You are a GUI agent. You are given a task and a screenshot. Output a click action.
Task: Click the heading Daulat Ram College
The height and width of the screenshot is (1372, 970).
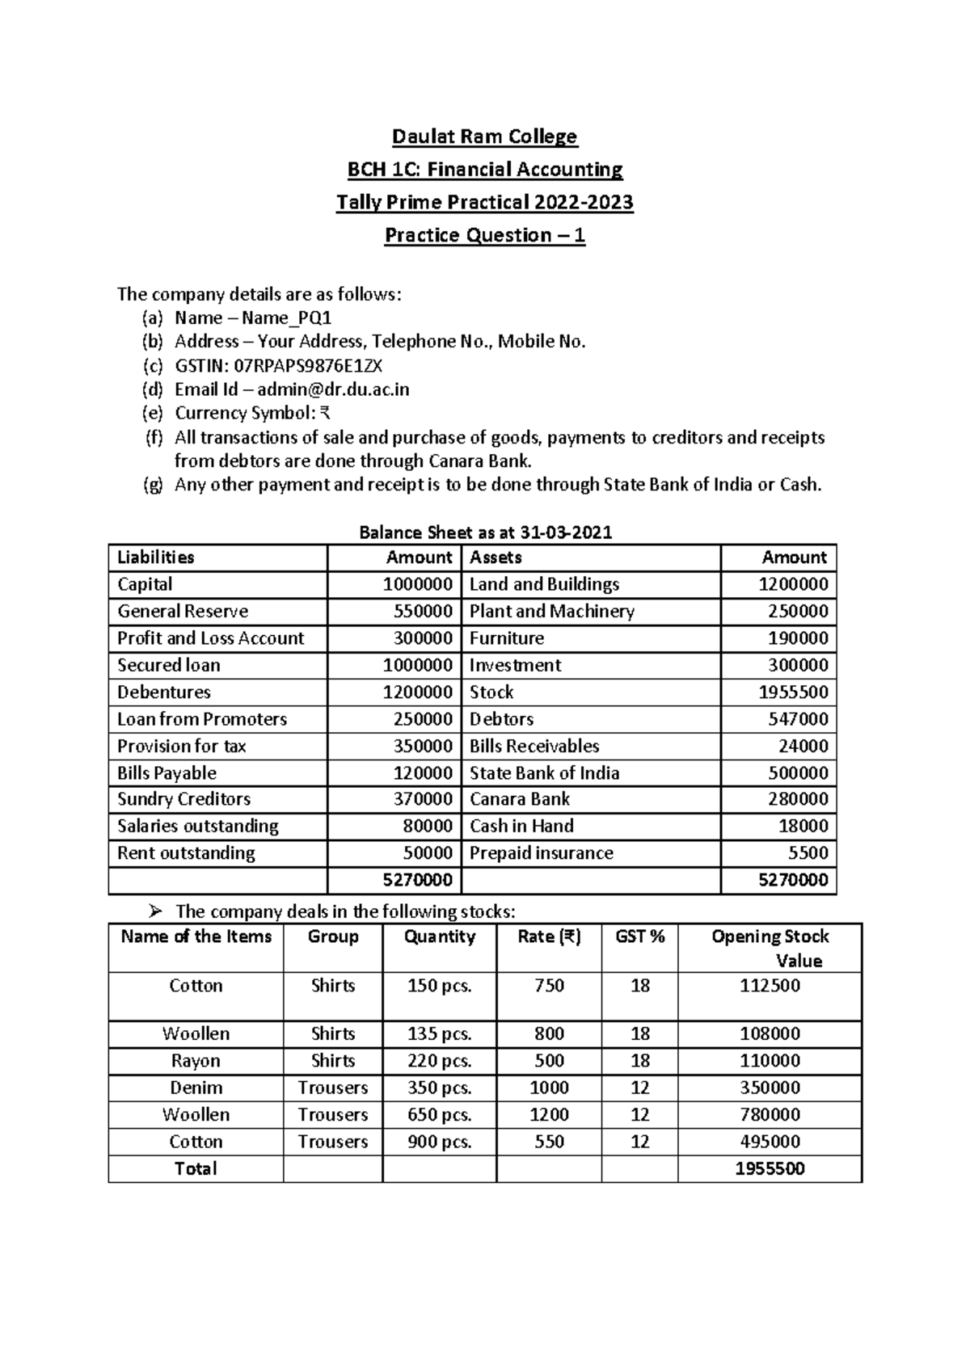point(484,137)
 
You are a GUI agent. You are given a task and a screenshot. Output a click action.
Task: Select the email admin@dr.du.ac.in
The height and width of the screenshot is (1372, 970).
point(333,389)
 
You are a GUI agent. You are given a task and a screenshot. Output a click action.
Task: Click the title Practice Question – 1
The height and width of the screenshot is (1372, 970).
point(484,235)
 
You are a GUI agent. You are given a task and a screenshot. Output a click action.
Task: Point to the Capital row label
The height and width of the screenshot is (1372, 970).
point(145,584)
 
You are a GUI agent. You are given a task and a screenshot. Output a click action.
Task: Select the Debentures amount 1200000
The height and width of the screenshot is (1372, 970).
point(417,692)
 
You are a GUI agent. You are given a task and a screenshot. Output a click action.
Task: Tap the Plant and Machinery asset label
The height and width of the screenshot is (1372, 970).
point(551,612)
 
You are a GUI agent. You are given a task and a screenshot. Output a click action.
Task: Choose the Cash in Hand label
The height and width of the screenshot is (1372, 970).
point(521,826)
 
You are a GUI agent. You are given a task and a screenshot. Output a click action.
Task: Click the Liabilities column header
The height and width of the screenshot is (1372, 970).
point(155,558)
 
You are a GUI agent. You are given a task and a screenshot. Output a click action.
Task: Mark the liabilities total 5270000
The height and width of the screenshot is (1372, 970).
point(418,880)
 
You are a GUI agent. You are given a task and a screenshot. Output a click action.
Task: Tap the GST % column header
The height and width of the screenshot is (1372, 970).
point(639,936)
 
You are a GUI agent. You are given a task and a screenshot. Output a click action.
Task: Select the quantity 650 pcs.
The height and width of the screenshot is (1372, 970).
point(439,1115)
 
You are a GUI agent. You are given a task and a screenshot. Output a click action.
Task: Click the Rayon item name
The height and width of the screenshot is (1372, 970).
point(196,1061)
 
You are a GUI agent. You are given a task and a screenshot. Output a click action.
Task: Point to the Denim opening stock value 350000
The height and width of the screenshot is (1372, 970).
point(770,1088)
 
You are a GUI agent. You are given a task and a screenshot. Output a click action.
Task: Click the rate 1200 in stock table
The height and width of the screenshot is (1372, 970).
point(549,1115)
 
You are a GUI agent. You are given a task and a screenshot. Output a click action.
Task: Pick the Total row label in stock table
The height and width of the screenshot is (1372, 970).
point(196,1168)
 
